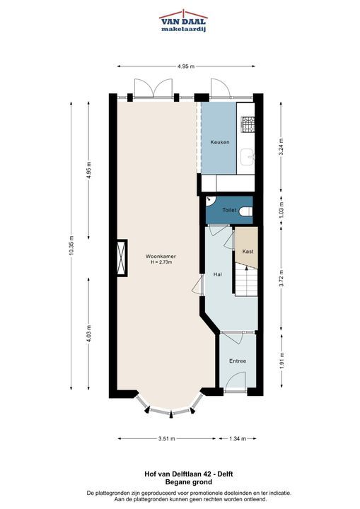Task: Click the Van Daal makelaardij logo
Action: point(184,21)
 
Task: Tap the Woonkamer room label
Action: point(161,256)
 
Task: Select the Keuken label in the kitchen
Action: point(220,142)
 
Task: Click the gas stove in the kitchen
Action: point(248,124)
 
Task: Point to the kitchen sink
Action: point(248,157)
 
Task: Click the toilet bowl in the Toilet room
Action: point(246,211)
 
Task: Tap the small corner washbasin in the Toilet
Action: point(210,201)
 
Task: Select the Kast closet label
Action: point(248,251)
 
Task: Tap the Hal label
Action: point(218,274)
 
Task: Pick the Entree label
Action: point(238,361)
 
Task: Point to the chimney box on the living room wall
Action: point(122,258)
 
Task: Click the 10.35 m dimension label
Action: point(71,245)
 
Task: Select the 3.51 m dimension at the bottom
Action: point(167,438)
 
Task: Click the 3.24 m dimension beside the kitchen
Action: point(281,147)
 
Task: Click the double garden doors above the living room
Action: point(153,88)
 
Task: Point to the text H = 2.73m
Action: point(161,262)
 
